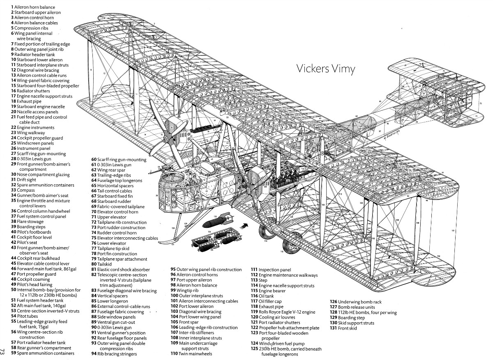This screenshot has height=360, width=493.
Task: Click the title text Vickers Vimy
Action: click(x=325, y=69)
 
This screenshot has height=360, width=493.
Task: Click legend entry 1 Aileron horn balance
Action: click(x=33, y=7)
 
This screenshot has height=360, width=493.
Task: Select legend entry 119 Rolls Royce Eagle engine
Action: click(x=283, y=312)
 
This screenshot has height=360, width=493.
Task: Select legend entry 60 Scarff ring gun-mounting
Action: click(x=119, y=160)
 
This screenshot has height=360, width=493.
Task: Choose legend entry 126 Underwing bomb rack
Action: click(x=356, y=302)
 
